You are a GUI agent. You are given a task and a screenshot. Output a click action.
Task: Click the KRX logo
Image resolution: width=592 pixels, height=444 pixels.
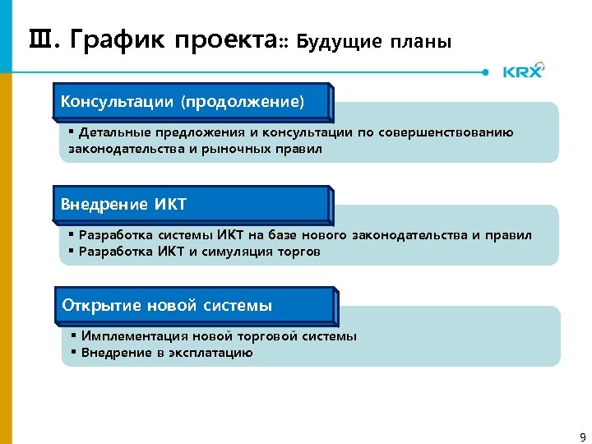tap(523, 71)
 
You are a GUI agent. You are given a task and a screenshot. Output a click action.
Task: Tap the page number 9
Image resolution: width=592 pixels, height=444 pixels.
tap(583, 436)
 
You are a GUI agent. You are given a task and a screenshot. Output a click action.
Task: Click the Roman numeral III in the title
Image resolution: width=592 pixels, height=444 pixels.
tap(40, 38)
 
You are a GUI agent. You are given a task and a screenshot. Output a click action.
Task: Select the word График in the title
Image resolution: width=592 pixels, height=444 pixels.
tap(116, 39)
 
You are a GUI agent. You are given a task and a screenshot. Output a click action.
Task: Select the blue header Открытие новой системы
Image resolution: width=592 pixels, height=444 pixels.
tap(167, 306)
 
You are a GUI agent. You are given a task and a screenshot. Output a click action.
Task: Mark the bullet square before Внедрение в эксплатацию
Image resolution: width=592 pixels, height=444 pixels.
tap(73, 353)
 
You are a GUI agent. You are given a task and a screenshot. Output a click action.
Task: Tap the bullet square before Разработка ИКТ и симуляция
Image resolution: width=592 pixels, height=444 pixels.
tap(72, 252)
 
